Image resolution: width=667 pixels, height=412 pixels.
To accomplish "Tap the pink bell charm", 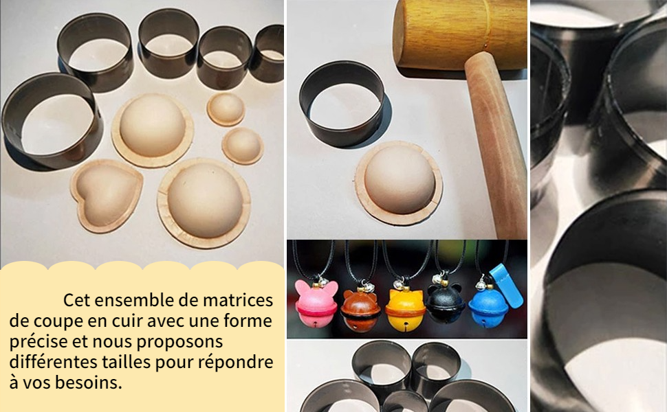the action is (316, 303).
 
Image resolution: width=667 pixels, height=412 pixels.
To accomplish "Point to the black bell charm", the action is (446, 304).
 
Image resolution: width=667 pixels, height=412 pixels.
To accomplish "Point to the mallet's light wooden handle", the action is (496, 144).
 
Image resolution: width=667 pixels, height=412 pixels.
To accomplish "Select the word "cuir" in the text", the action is (128, 321).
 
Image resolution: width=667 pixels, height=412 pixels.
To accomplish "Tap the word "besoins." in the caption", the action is (89, 382).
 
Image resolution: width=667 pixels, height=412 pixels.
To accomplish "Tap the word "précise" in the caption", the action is (39, 342).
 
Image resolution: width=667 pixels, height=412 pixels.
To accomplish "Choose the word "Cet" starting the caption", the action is (77, 300).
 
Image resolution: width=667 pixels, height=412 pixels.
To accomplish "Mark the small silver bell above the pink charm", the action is (323, 281).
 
